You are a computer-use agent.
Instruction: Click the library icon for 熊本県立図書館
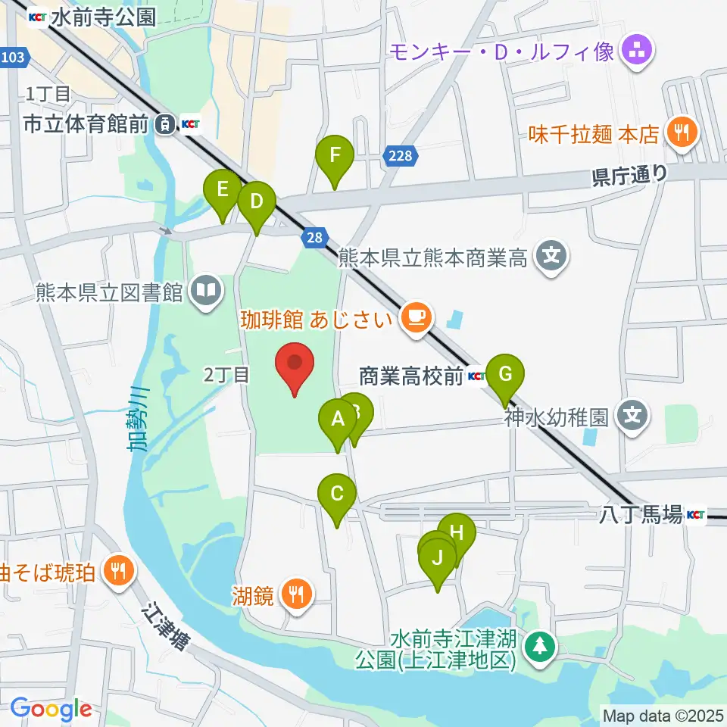point(207,291)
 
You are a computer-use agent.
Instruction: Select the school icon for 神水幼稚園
point(632,415)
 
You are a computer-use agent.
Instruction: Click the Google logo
point(50,709)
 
